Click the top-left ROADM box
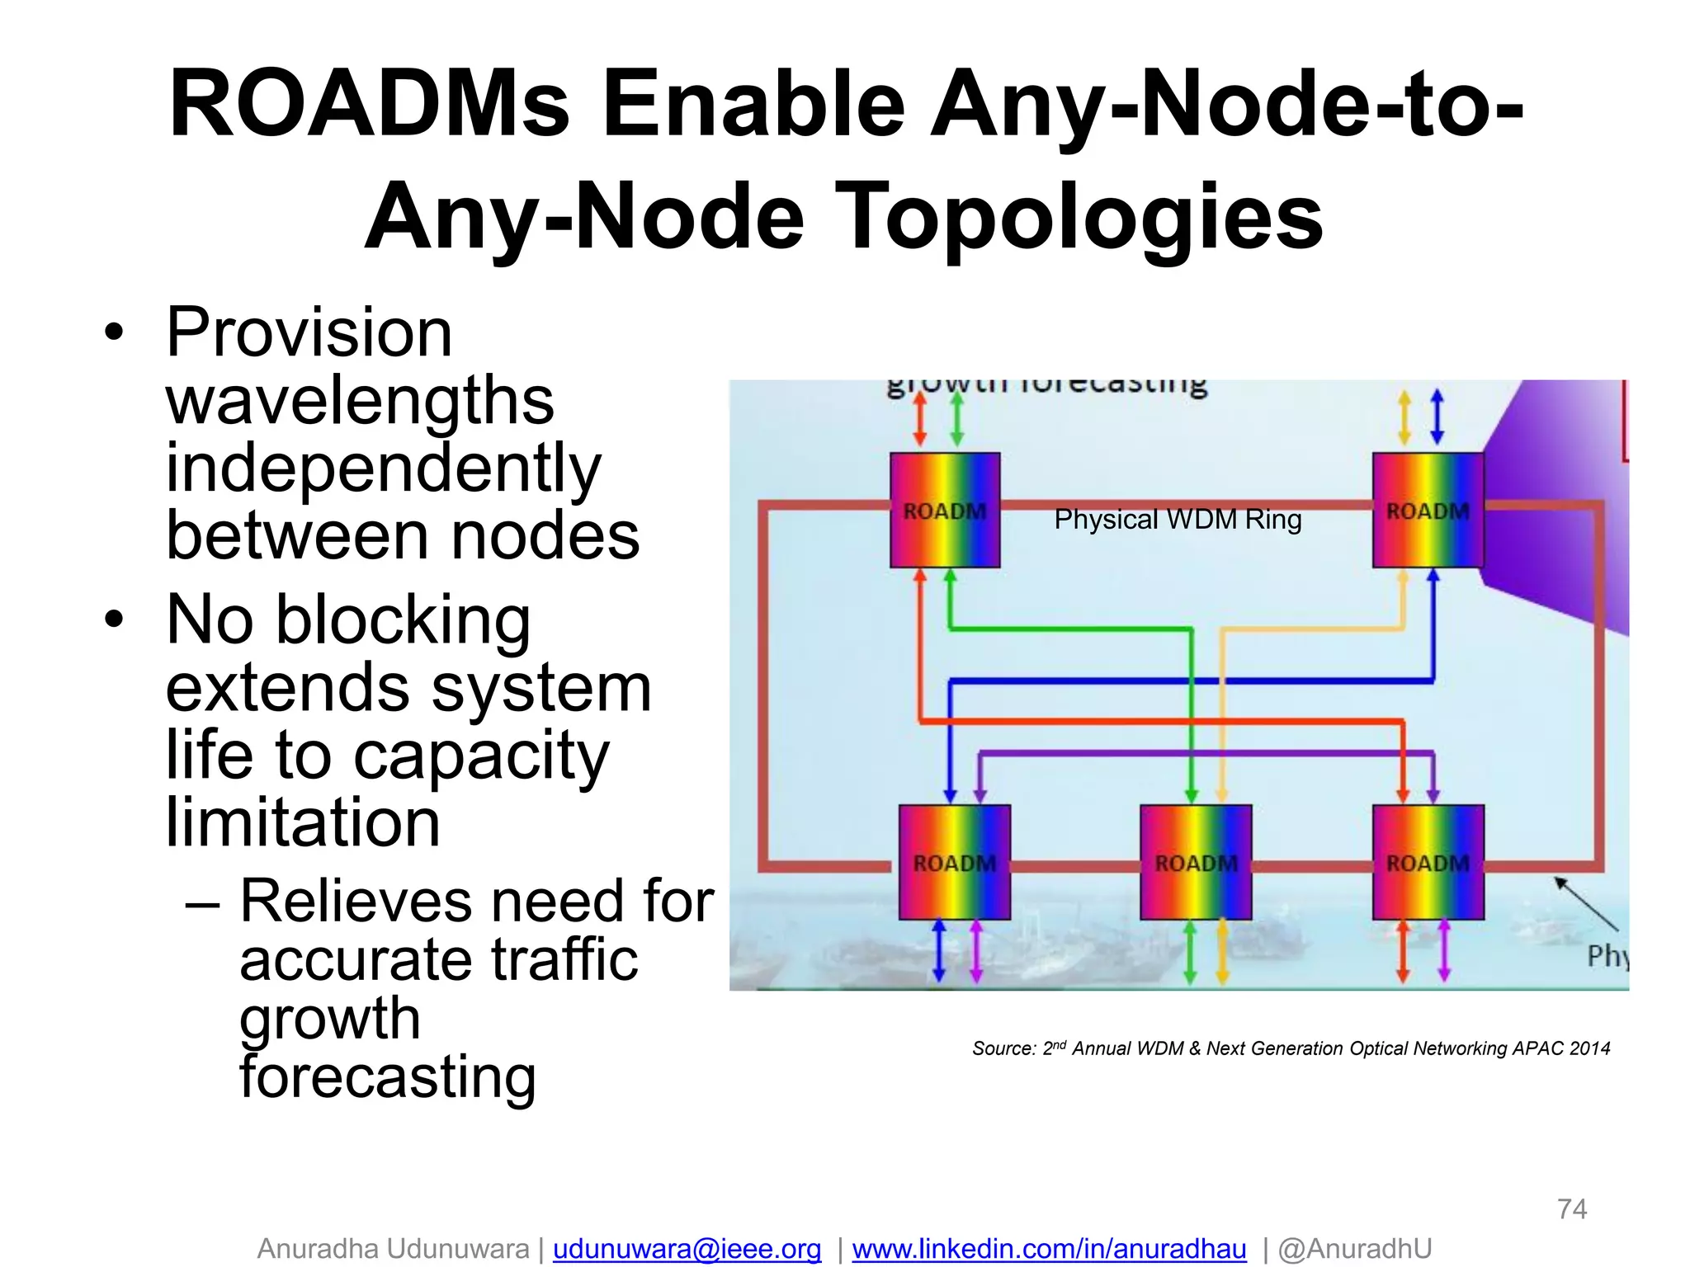point(945,510)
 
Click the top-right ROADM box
point(1428,510)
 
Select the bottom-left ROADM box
point(954,862)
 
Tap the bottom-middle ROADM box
point(1196,862)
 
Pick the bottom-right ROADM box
point(1428,862)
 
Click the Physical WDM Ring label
point(1178,520)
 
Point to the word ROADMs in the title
point(369,106)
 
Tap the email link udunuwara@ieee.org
point(687,1249)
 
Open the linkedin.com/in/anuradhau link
point(1049,1249)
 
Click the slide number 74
point(1572,1209)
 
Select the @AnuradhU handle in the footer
point(1354,1249)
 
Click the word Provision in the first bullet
point(309,332)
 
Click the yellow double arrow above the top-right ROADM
point(1404,417)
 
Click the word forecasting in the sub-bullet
point(388,1077)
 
